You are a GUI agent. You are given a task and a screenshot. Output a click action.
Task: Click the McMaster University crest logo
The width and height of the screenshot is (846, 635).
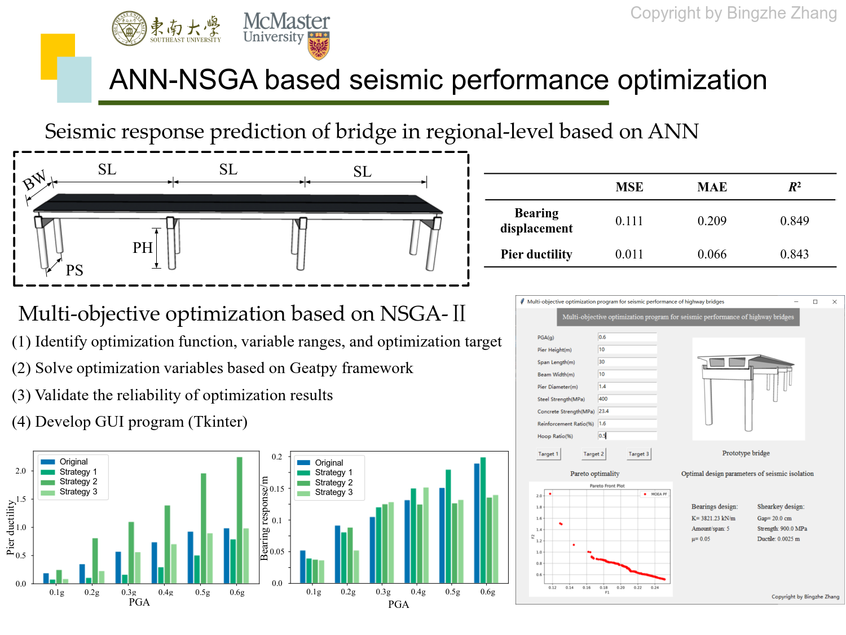click(319, 46)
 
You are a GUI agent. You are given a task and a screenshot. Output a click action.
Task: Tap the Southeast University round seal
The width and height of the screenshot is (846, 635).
click(129, 28)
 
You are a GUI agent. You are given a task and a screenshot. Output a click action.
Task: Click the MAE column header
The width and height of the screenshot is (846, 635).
click(712, 187)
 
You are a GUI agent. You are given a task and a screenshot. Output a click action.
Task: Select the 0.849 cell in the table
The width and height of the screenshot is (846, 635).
click(794, 221)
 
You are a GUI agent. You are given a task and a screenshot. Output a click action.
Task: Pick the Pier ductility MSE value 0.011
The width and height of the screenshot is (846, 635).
click(629, 255)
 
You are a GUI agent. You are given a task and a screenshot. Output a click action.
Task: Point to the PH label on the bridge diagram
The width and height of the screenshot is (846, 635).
click(143, 248)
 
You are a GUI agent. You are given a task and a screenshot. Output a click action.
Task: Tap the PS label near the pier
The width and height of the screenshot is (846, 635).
click(74, 271)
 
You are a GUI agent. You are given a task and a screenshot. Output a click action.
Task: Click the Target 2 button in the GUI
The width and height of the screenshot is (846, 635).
click(593, 454)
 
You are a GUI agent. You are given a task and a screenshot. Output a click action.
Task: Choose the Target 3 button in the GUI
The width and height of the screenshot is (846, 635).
click(638, 454)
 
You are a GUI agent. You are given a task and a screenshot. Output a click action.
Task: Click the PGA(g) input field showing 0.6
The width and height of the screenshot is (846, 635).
click(627, 337)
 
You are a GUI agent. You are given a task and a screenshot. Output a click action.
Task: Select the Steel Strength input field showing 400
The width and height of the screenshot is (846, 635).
click(627, 399)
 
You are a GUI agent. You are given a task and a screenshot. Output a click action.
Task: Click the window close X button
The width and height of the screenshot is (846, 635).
click(834, 302)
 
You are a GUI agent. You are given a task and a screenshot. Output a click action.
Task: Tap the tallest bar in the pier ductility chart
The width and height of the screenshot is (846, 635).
click(240, 519)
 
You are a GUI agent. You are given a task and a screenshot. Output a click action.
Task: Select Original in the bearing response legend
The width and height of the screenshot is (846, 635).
click(329, 463)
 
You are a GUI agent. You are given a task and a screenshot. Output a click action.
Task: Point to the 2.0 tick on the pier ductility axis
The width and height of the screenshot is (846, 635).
click(21, 471)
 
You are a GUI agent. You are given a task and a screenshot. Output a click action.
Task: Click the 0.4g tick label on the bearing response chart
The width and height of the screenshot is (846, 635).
click(418, 592)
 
